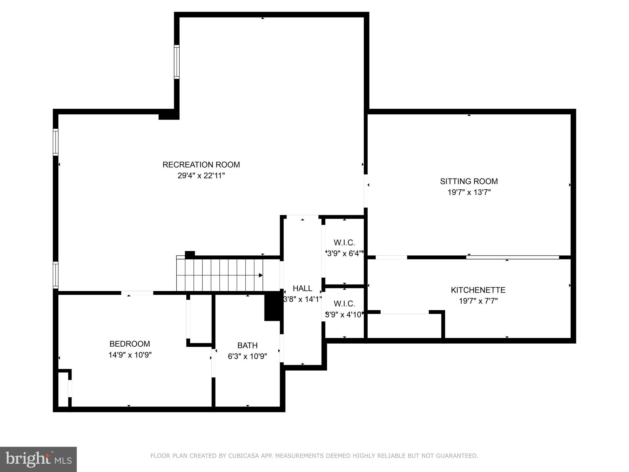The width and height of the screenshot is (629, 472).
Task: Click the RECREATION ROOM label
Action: pos(201,165)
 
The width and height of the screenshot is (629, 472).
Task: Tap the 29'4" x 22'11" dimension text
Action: pos(201,176)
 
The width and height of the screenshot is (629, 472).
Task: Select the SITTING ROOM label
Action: pos(469,181)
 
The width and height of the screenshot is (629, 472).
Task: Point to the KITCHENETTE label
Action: pos(478,290)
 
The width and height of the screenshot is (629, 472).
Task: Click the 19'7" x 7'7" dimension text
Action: pos(478,301)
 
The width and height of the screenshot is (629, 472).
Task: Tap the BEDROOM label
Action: pos(130,344)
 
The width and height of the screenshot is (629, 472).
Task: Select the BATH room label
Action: pos(247,345)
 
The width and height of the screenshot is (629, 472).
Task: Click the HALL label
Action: pos(302,288)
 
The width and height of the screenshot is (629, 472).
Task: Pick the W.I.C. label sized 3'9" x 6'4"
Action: pos(344,243)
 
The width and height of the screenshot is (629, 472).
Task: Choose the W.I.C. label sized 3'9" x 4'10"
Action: pos(344,304)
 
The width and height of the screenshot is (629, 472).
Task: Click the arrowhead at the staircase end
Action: pos(261,275)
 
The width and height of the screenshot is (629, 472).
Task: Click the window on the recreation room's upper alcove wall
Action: pos(177,62)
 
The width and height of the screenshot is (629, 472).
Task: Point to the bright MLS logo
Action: pos(38,459)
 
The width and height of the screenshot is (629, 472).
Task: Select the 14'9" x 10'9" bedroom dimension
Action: pos(130,355)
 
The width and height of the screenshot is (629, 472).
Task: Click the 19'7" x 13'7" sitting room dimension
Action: pos(469,192)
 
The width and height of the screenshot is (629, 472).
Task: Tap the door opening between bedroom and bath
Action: pos(213,363)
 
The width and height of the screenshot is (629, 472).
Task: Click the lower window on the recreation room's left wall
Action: pos(56,275)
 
